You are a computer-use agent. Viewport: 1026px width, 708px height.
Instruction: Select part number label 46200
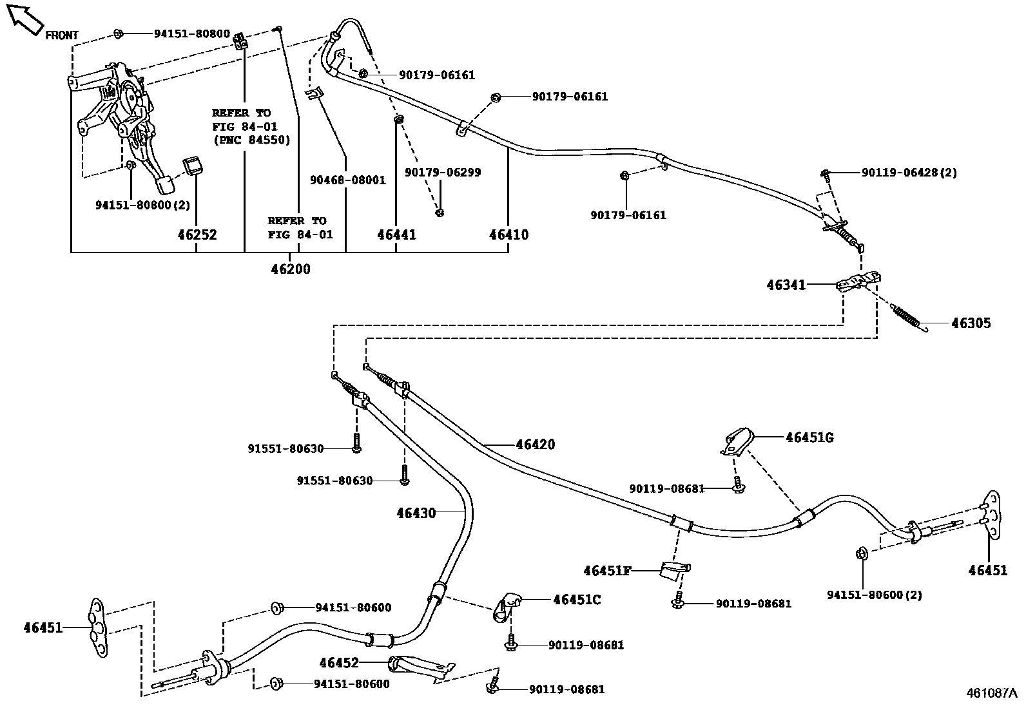290,269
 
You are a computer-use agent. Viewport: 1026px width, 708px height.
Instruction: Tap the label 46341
786,285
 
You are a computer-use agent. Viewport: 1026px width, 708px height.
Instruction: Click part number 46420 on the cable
535,444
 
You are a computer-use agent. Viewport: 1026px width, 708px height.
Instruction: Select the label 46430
416,513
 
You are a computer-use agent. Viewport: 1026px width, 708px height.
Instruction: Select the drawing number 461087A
991,693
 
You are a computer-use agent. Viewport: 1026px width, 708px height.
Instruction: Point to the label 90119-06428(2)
909,173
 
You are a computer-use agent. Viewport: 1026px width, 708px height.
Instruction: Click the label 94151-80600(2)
874,595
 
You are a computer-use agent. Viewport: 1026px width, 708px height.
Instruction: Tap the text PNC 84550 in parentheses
251,140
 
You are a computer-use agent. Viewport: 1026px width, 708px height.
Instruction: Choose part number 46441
396,235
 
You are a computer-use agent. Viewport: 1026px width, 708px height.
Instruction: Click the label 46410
508,235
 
